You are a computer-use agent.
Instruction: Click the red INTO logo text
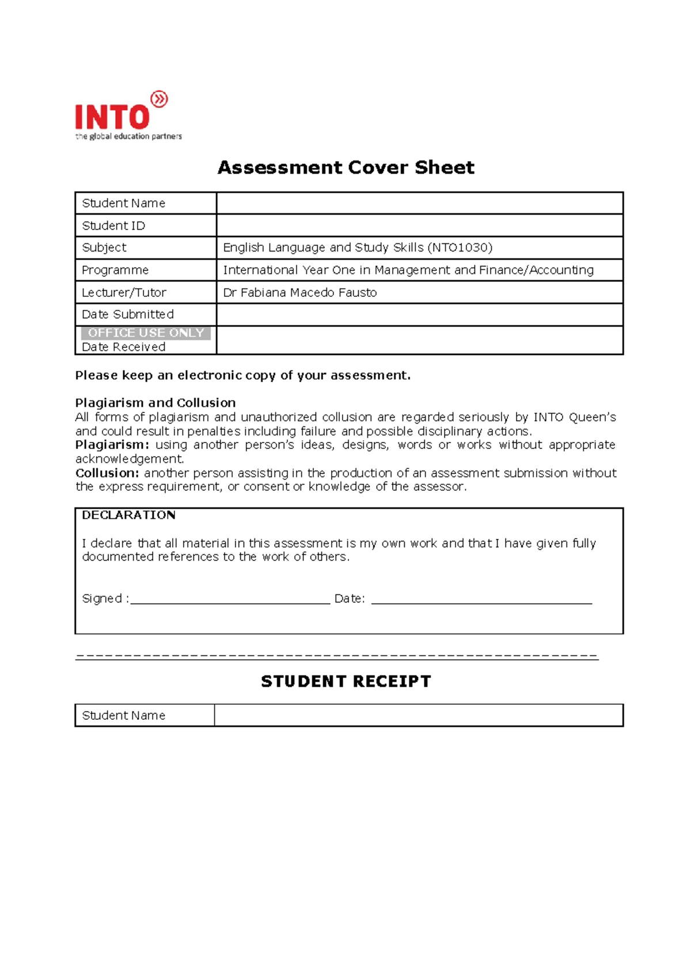112,117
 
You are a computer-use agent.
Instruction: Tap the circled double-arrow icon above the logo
159,100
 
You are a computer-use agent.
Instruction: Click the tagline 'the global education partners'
128,136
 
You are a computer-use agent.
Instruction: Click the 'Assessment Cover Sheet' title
345,167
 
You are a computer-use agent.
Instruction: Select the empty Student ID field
419,226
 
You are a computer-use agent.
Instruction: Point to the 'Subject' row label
104,247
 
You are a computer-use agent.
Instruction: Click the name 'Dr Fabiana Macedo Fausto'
299,292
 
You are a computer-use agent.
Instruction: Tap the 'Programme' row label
115,270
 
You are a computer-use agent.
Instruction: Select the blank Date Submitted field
419,315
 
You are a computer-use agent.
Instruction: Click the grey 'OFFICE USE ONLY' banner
146,333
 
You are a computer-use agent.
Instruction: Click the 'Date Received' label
124,347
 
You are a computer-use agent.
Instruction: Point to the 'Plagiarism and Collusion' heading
155,403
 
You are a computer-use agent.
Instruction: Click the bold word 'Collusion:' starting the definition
107,473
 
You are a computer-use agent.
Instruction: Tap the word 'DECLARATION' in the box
128,515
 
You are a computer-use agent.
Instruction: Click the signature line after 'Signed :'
230,601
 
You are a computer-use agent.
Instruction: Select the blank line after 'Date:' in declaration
481,601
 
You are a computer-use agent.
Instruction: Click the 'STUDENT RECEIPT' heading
345,681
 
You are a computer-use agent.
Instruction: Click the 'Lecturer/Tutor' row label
124,292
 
